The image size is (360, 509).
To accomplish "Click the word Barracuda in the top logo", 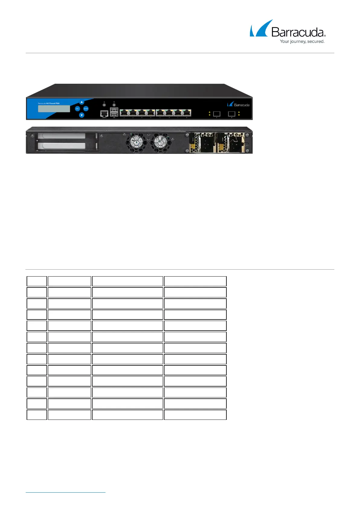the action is (x=298, y=32).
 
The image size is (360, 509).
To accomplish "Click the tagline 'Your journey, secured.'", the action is (x=302, y=41).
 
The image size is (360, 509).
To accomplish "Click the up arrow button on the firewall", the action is (x=82, y=102).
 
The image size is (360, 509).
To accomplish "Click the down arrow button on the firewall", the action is (x=82, y=115).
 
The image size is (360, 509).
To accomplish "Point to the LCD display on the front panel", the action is (x=54, y=109).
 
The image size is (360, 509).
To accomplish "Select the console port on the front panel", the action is (x=104, y=113).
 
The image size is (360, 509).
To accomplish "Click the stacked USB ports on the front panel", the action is (x=114, y=112).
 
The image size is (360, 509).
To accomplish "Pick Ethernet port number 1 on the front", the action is (x=124, y=113).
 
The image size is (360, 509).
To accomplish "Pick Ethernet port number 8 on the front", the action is (x=187, y=113).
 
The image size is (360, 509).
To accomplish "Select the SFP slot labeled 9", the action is (x=217, y=114).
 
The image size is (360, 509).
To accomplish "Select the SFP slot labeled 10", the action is (x=232, y=114).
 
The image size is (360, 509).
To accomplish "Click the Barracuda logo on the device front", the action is (x=238, y=104).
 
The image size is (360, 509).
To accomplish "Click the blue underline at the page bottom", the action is (x=66, y=493).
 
